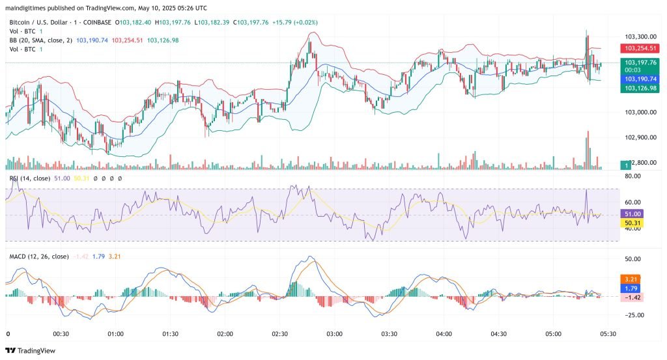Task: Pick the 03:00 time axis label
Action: pos(335,334)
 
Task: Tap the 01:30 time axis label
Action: pos(171,334)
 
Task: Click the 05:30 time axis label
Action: pos(608,334)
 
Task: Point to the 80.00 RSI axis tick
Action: pos(633,176)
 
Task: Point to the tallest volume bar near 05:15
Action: pos(588,150)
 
